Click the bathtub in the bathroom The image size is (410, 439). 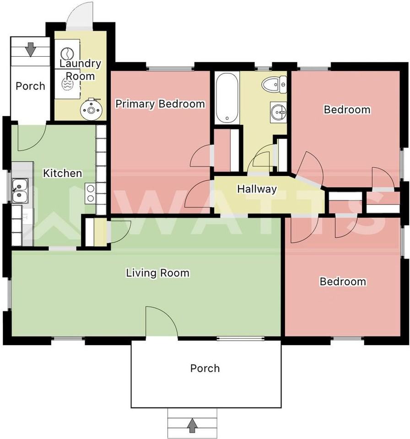coord(227,98)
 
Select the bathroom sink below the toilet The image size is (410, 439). coord(279,112)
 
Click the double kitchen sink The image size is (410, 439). coord(20,191)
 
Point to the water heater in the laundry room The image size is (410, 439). coord(91,109)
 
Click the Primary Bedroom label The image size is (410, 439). coord(160,104)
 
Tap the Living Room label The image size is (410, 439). coord(157,273)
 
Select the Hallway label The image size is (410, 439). coord(257,189)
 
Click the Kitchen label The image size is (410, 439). coord(63,173)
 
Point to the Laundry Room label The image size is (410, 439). coord(80,70)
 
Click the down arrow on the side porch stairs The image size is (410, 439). coord(31,49)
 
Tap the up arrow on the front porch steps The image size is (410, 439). coord(192,425)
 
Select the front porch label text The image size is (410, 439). coord(205,368)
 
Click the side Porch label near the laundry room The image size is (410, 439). coord(30,86)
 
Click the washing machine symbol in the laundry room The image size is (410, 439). coord(67,53)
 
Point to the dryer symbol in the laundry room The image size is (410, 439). coord(67,83)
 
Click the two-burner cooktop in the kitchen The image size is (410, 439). coord(90,193)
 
